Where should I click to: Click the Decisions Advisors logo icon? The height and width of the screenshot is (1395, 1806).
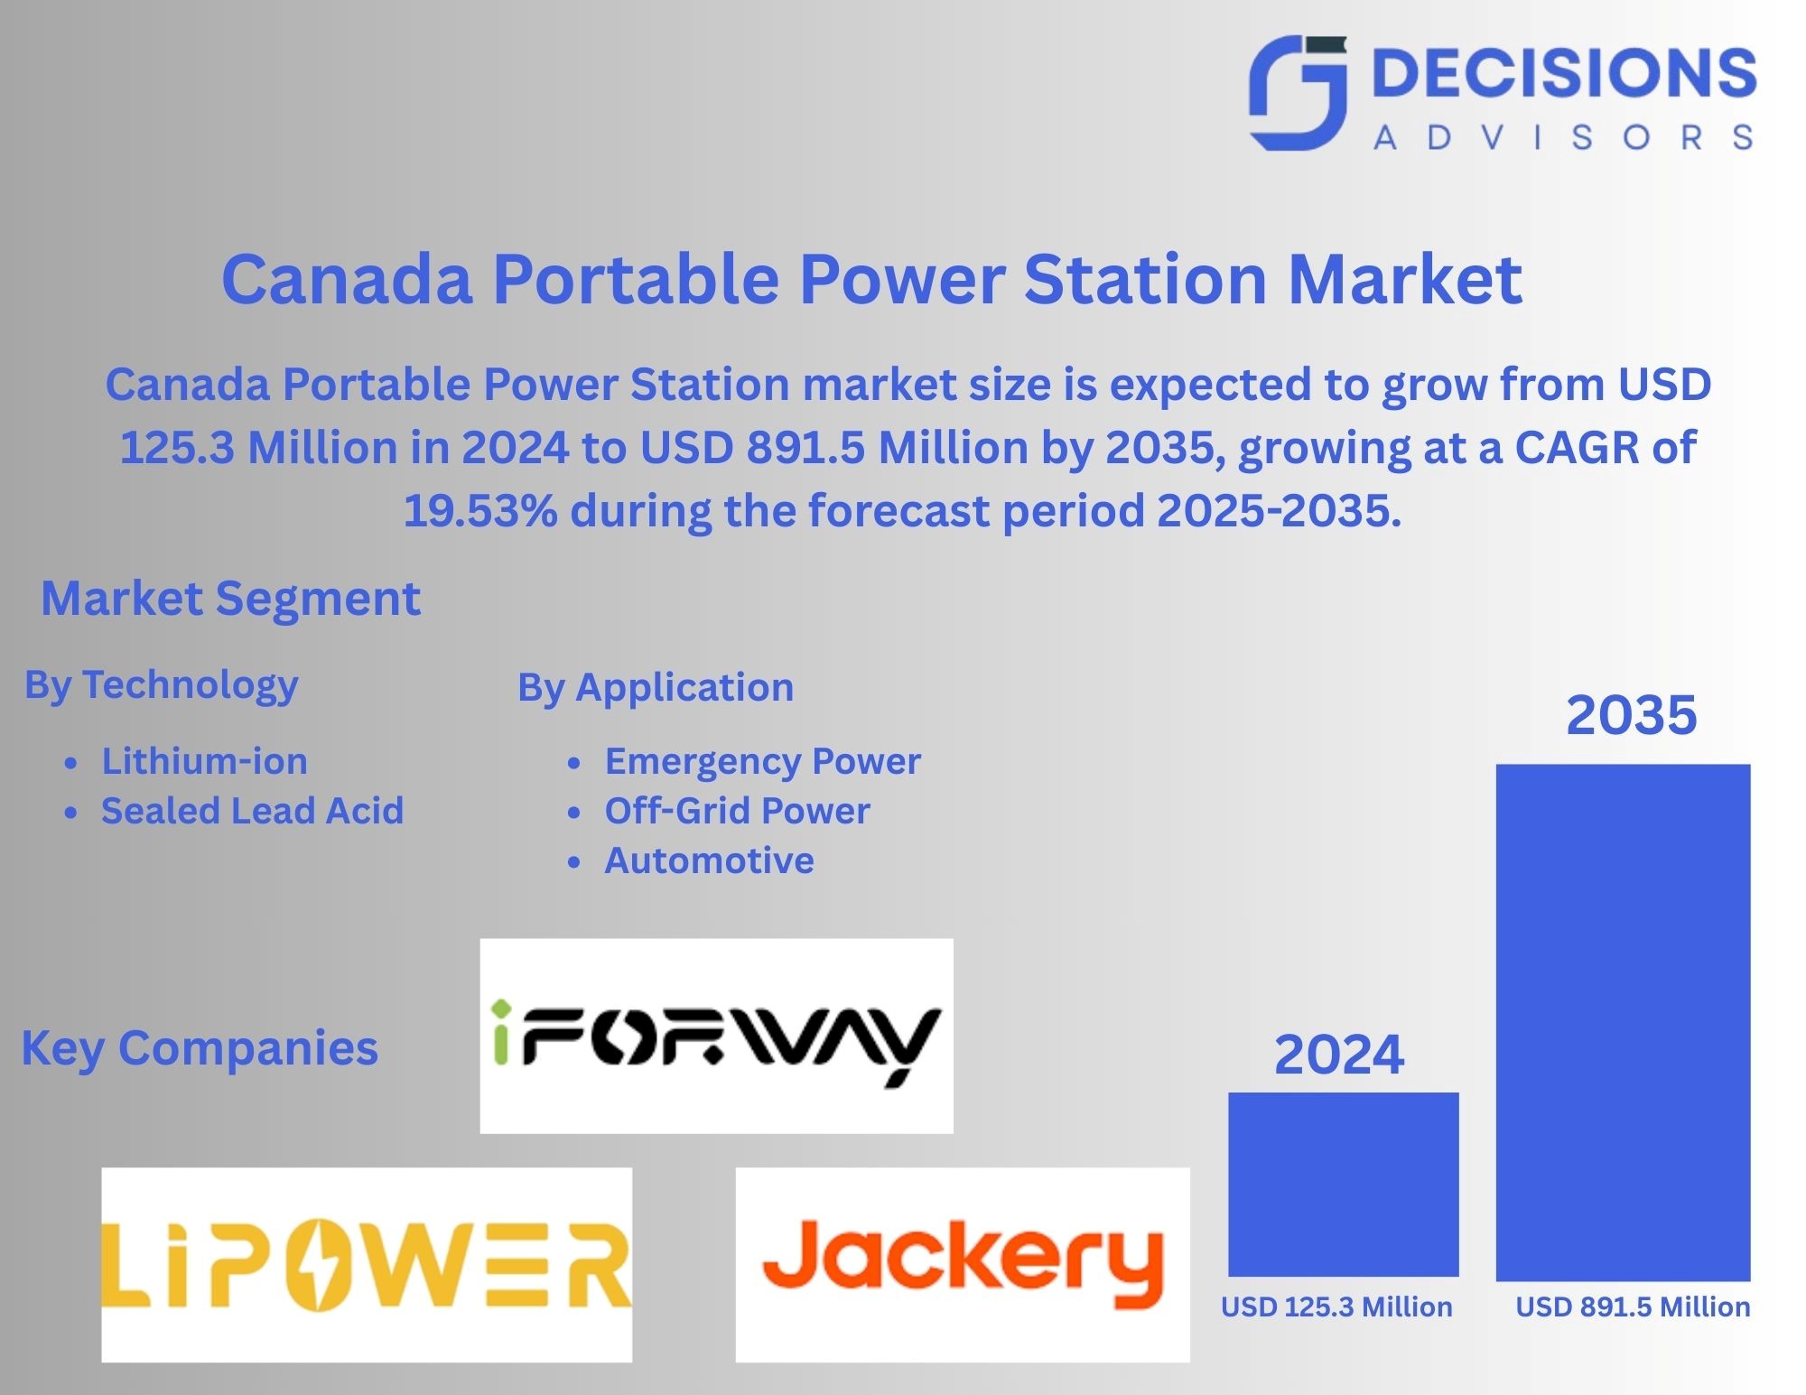(x=1298, y=93)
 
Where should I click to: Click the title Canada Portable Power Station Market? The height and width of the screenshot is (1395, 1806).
(x=872, y=278)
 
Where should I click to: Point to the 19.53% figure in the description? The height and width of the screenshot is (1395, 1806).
(x=480, y=510)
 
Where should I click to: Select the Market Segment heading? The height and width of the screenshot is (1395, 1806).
(x=231, y=598)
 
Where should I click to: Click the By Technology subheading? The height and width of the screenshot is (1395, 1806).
(x=162, y=685)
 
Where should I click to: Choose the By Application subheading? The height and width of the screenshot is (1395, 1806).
(x=656, y=688)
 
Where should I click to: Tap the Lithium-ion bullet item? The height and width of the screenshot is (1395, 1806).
(x=204, y=761)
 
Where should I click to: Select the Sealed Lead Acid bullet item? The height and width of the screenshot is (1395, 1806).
(x=252, y=811)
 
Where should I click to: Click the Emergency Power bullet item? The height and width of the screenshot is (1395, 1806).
(x=763, y=762)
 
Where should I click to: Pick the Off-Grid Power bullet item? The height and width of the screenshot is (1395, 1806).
(x=737, y=811)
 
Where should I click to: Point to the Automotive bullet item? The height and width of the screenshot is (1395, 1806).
(x=709, y=860)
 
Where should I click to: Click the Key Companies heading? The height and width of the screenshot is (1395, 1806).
(x=200, y=1049)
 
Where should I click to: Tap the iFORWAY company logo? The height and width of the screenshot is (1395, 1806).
(x=717, y=1036)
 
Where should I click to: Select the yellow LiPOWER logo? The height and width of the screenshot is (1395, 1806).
(x=367, y=1265)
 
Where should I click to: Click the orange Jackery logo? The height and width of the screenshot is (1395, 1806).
(x=963, y=1265)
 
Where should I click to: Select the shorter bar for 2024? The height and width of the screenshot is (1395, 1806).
(x=1344, y=1185)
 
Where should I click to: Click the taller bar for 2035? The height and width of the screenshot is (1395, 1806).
(x=1624, y=1023)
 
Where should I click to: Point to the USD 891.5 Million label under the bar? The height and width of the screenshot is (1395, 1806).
(x=1633, y=1307)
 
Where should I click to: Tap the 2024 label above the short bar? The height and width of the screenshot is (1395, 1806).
(x=1339, y=1054)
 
